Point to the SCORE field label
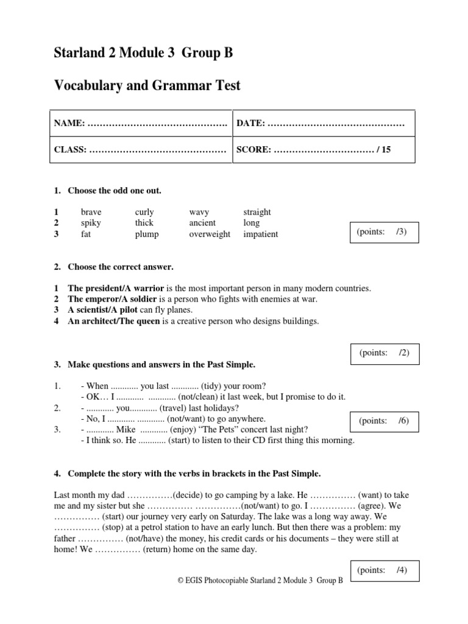[x=253, y=149]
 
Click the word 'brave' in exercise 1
[x=91, y=212]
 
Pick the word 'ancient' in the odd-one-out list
[x=202, y=223]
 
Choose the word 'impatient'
[x=260, y=234]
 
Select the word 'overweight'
[x=210, y=234]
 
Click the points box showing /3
[x=383, y=232]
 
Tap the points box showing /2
[x=383, y=353]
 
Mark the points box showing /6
[x=383, y=421]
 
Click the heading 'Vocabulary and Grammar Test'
[x=147, y=86]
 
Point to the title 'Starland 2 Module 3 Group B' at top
[x=144, y=54]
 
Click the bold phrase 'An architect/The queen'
[x=113, y=321]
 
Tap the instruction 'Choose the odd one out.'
[x=115, y=191]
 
